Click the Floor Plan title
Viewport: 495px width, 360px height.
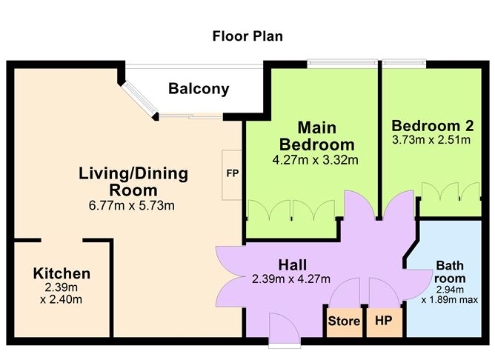(247, 36)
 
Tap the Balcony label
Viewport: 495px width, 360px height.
(199, 90)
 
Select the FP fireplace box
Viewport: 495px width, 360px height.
(232, 175)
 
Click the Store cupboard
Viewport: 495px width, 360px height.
(345, 321)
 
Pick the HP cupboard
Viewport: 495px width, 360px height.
(384, 321)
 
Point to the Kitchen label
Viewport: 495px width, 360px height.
(62, 274)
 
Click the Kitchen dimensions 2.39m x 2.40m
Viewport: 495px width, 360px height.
(62, 293)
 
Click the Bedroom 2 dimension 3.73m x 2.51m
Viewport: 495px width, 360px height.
(433, 139)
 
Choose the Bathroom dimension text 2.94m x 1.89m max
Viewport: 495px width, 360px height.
(449, 294)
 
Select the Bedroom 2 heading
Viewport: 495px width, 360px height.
(433, 124)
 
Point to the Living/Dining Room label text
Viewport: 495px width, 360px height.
(133, 181)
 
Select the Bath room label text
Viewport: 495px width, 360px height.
(449, 271)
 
